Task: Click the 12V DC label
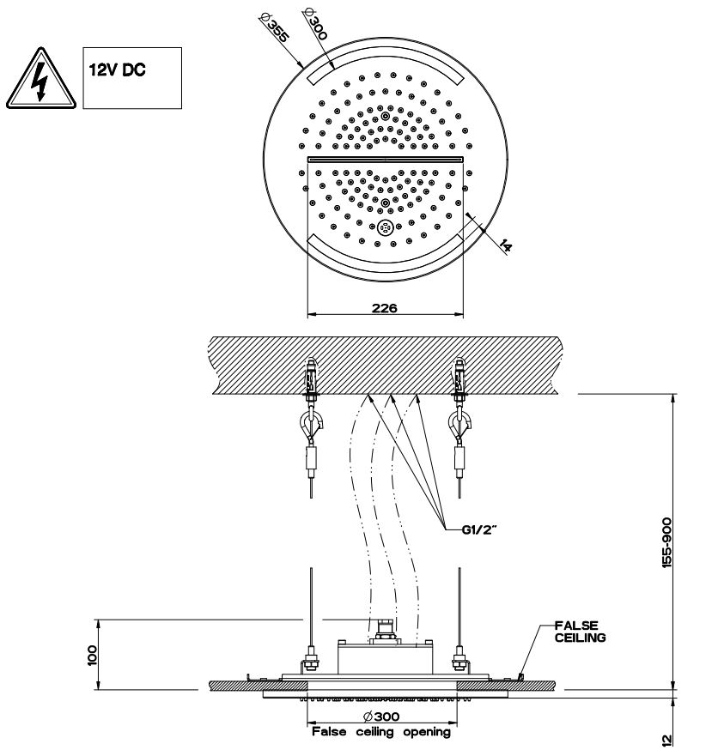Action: [114, 70]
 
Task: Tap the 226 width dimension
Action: [385, 307]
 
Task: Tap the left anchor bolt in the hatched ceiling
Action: [310, 377]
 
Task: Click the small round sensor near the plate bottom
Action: [385, 227]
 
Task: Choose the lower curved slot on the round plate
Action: [385, 255]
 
